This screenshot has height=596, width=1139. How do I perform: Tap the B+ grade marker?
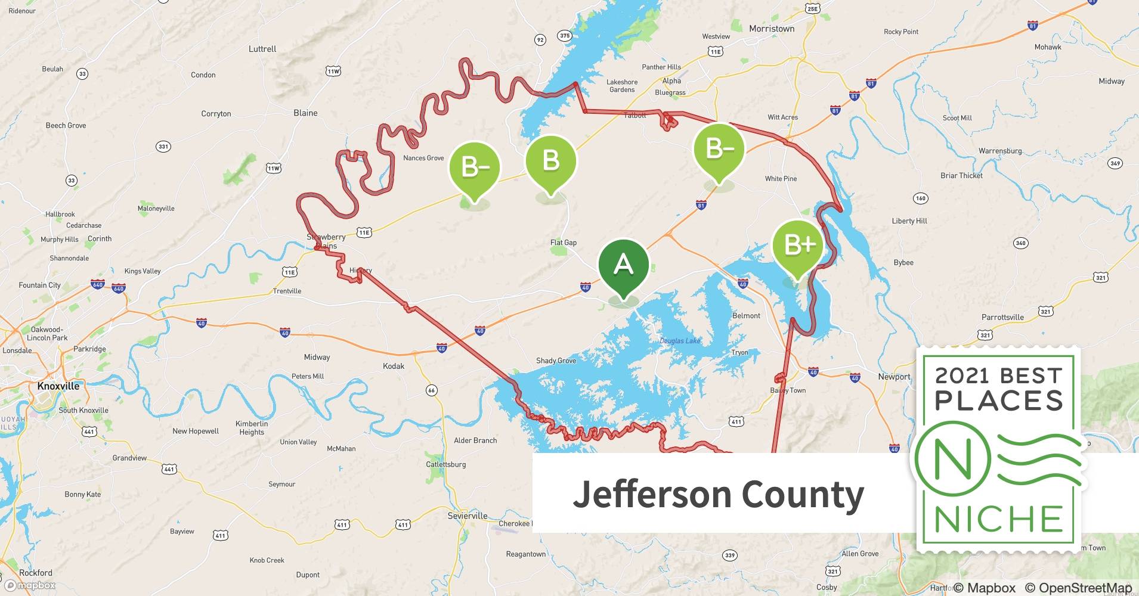pos(797,245)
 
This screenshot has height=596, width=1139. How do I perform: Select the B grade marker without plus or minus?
pos(550,161)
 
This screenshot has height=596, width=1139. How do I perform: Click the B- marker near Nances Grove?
pos(475,168)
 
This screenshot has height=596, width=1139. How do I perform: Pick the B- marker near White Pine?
pos(719,148)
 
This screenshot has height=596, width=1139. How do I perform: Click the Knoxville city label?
pos(58,386)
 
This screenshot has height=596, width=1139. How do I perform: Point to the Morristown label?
pos(772,29)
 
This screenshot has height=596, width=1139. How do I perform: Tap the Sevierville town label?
pos(468,516)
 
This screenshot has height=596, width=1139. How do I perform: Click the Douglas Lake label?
pos(680,341)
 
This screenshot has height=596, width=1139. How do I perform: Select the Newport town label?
pos(894,377)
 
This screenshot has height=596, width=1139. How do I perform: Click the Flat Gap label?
pos(563,243)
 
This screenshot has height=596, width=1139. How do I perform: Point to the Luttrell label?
pos(262,49)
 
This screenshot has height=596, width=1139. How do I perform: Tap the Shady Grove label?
pos(556,361)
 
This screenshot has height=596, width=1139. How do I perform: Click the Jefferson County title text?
pos(718,494)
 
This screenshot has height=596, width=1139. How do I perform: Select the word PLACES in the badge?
pos(999,400)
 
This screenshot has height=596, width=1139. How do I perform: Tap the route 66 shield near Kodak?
pos(431,390)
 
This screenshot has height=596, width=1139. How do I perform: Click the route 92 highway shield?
pos(540,40)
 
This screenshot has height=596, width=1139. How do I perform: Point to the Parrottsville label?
pos(1002,317)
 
